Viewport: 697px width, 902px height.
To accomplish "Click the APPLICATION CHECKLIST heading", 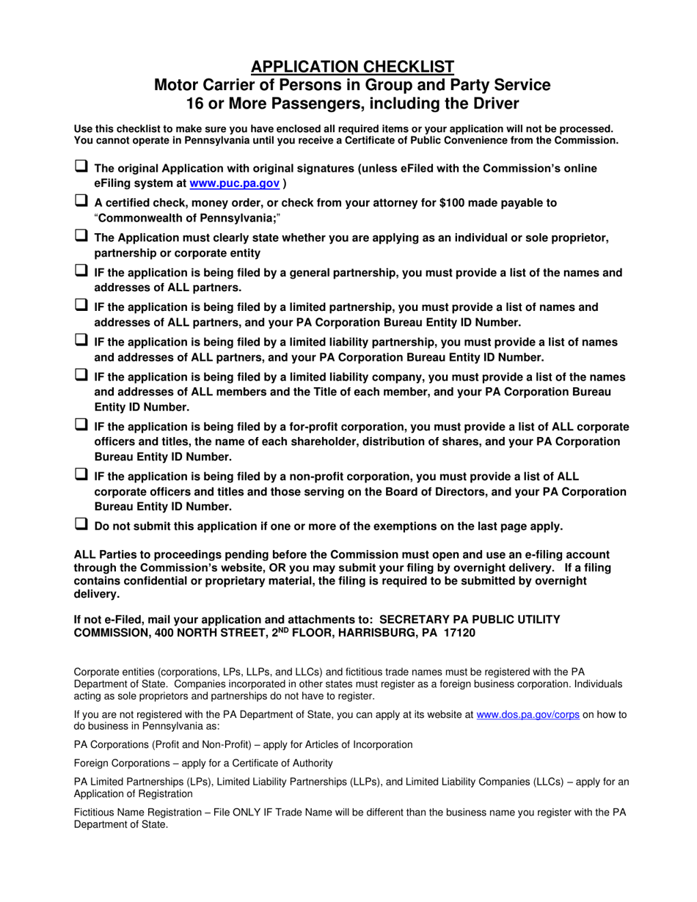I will [x=351, y=67].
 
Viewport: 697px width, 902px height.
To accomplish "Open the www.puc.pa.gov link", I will [x=234, y=183].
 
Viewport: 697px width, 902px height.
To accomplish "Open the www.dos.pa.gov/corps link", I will [x=528, y=715].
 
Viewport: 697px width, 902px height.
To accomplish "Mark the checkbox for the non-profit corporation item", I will [x=81, y=474].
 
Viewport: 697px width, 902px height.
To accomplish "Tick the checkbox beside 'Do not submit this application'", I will [x=81, y=524].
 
